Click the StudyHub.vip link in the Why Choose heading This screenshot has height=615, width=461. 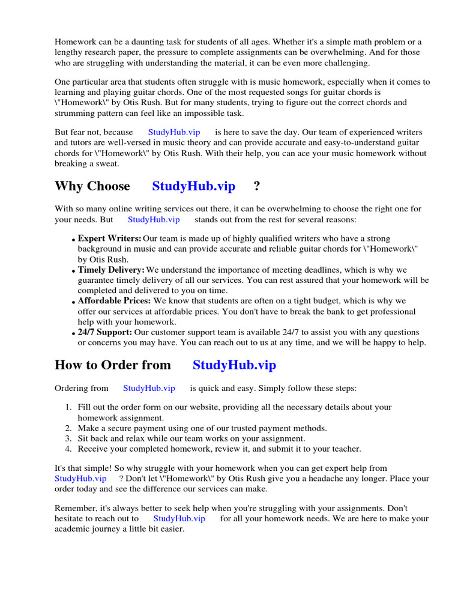pyautogui.click(x=193, y=186)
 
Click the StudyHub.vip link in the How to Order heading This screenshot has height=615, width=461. pyautogui.click(x=234, y=365)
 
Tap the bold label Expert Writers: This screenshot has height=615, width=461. pyautogui.click(x=109, y=238)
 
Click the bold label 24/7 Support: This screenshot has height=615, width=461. pyautogui.click(x=104, y=332)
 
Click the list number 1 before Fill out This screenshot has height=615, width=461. pyautogui.click(x=68, y=407)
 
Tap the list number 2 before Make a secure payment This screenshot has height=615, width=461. pyautogui.click(x=68, y=428)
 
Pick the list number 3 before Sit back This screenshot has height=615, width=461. pyautogui.click(x=68, y=438)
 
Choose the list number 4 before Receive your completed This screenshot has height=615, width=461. pyautogui.click(x=68, y=449)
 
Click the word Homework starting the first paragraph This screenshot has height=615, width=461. pyautogui.click(x=76, y=42)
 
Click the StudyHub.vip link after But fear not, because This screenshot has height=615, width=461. pyautogui.click(x=174, y=132)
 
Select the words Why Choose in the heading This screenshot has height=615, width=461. pyautogui.click(x=92, y=186)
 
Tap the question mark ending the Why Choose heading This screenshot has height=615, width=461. pyautogui.click(x=257, y=186)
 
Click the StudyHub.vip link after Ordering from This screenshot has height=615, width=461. pyautogui.click(x=149, y=389)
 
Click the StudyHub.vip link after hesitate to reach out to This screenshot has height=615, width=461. pyautogui.click(x=179, y=518)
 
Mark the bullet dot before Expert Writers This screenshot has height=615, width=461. pyautogui.click(x=73, y=240)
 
